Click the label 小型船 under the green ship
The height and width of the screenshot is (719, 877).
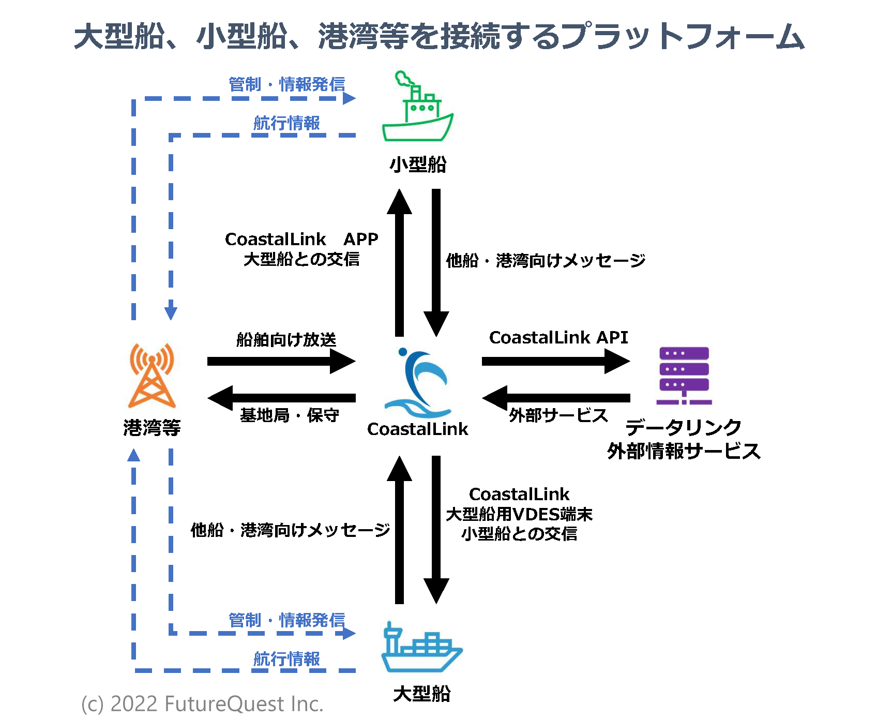(418, 164)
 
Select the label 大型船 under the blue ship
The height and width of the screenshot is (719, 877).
(421, 694)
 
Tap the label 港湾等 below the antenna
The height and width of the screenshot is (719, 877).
(152, 428)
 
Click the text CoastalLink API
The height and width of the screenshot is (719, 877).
(558, 338)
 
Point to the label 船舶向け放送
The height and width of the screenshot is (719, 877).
(286, 340)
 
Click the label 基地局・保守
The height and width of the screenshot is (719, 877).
(290, 415)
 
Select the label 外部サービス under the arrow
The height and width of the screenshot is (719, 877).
(558, 415)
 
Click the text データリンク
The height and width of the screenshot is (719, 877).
(684, 428)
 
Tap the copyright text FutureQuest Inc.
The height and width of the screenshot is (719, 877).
(202, 704)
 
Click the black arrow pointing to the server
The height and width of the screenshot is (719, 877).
(556, 361)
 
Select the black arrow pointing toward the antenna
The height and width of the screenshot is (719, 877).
(282, 398)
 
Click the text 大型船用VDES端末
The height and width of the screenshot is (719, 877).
(519, 514)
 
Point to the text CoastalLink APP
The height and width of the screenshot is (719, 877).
(301, 239)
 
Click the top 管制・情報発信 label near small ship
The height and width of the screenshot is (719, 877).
(286, 84)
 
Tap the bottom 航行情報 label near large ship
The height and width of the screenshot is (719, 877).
(286, 659)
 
